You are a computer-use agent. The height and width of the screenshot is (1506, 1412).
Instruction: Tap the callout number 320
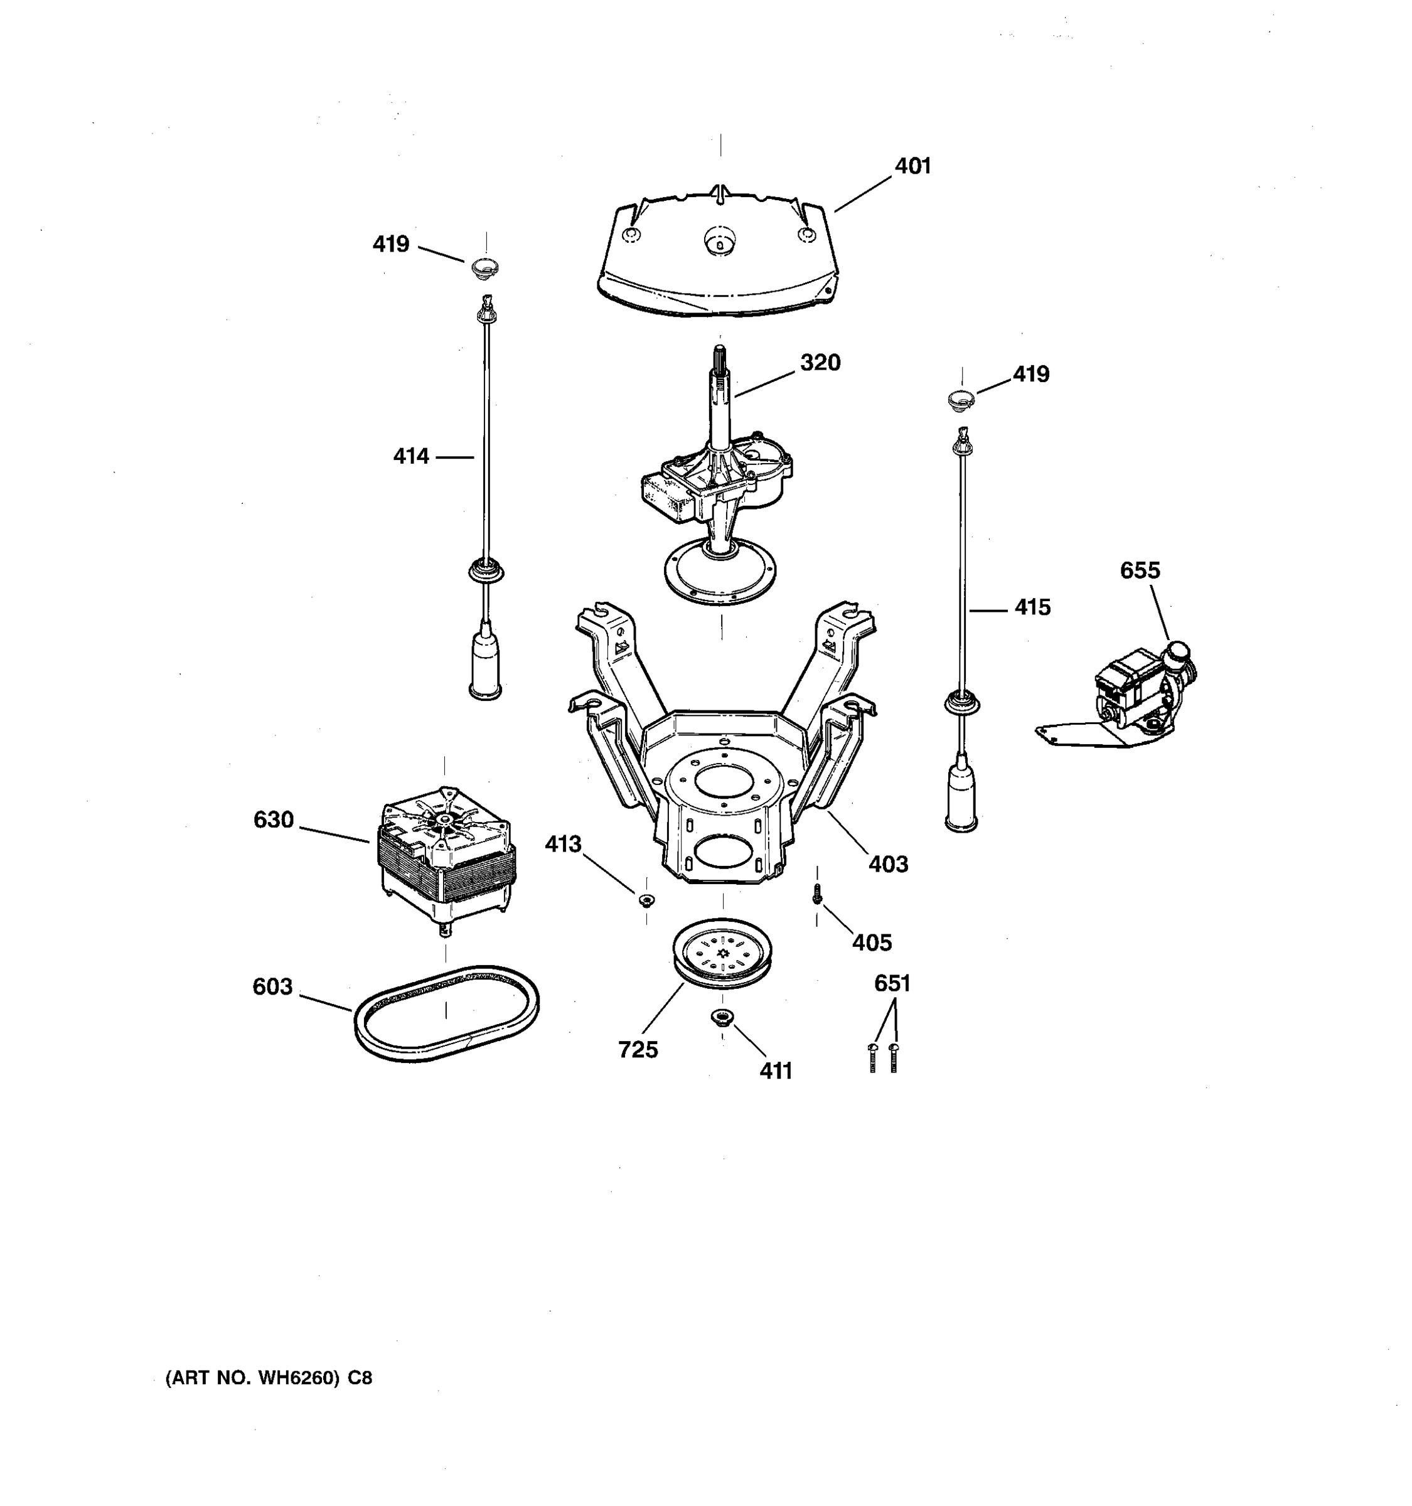click(820, 363)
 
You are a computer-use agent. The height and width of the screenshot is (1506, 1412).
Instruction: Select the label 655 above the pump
click(1139, 570)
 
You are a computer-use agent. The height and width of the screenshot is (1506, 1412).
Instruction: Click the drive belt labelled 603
click(447, 1046)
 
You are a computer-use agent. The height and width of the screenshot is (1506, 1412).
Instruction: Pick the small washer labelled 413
click(646, 899)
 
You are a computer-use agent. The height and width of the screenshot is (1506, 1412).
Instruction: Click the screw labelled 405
click(816, 895)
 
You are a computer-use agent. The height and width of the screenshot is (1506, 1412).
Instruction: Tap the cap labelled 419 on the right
click(961, 398)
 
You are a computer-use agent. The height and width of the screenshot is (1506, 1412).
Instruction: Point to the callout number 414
click(410, 456)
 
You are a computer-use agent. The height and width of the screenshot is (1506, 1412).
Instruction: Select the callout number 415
click(1032, 607)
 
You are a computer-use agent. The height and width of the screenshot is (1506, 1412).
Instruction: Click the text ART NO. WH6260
click(269, 1378)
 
